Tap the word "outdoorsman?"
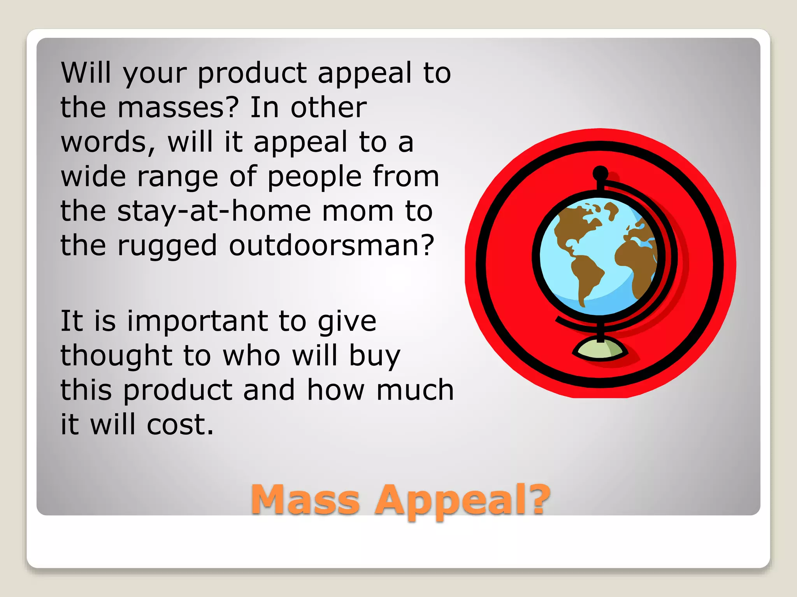(331, 246)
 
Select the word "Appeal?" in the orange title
(462, 500)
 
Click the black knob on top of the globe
(600, 173)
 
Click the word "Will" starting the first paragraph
(86, 73)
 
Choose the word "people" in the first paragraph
(315, 176)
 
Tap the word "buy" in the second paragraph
(374, 356)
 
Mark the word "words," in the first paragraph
(108, 142)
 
